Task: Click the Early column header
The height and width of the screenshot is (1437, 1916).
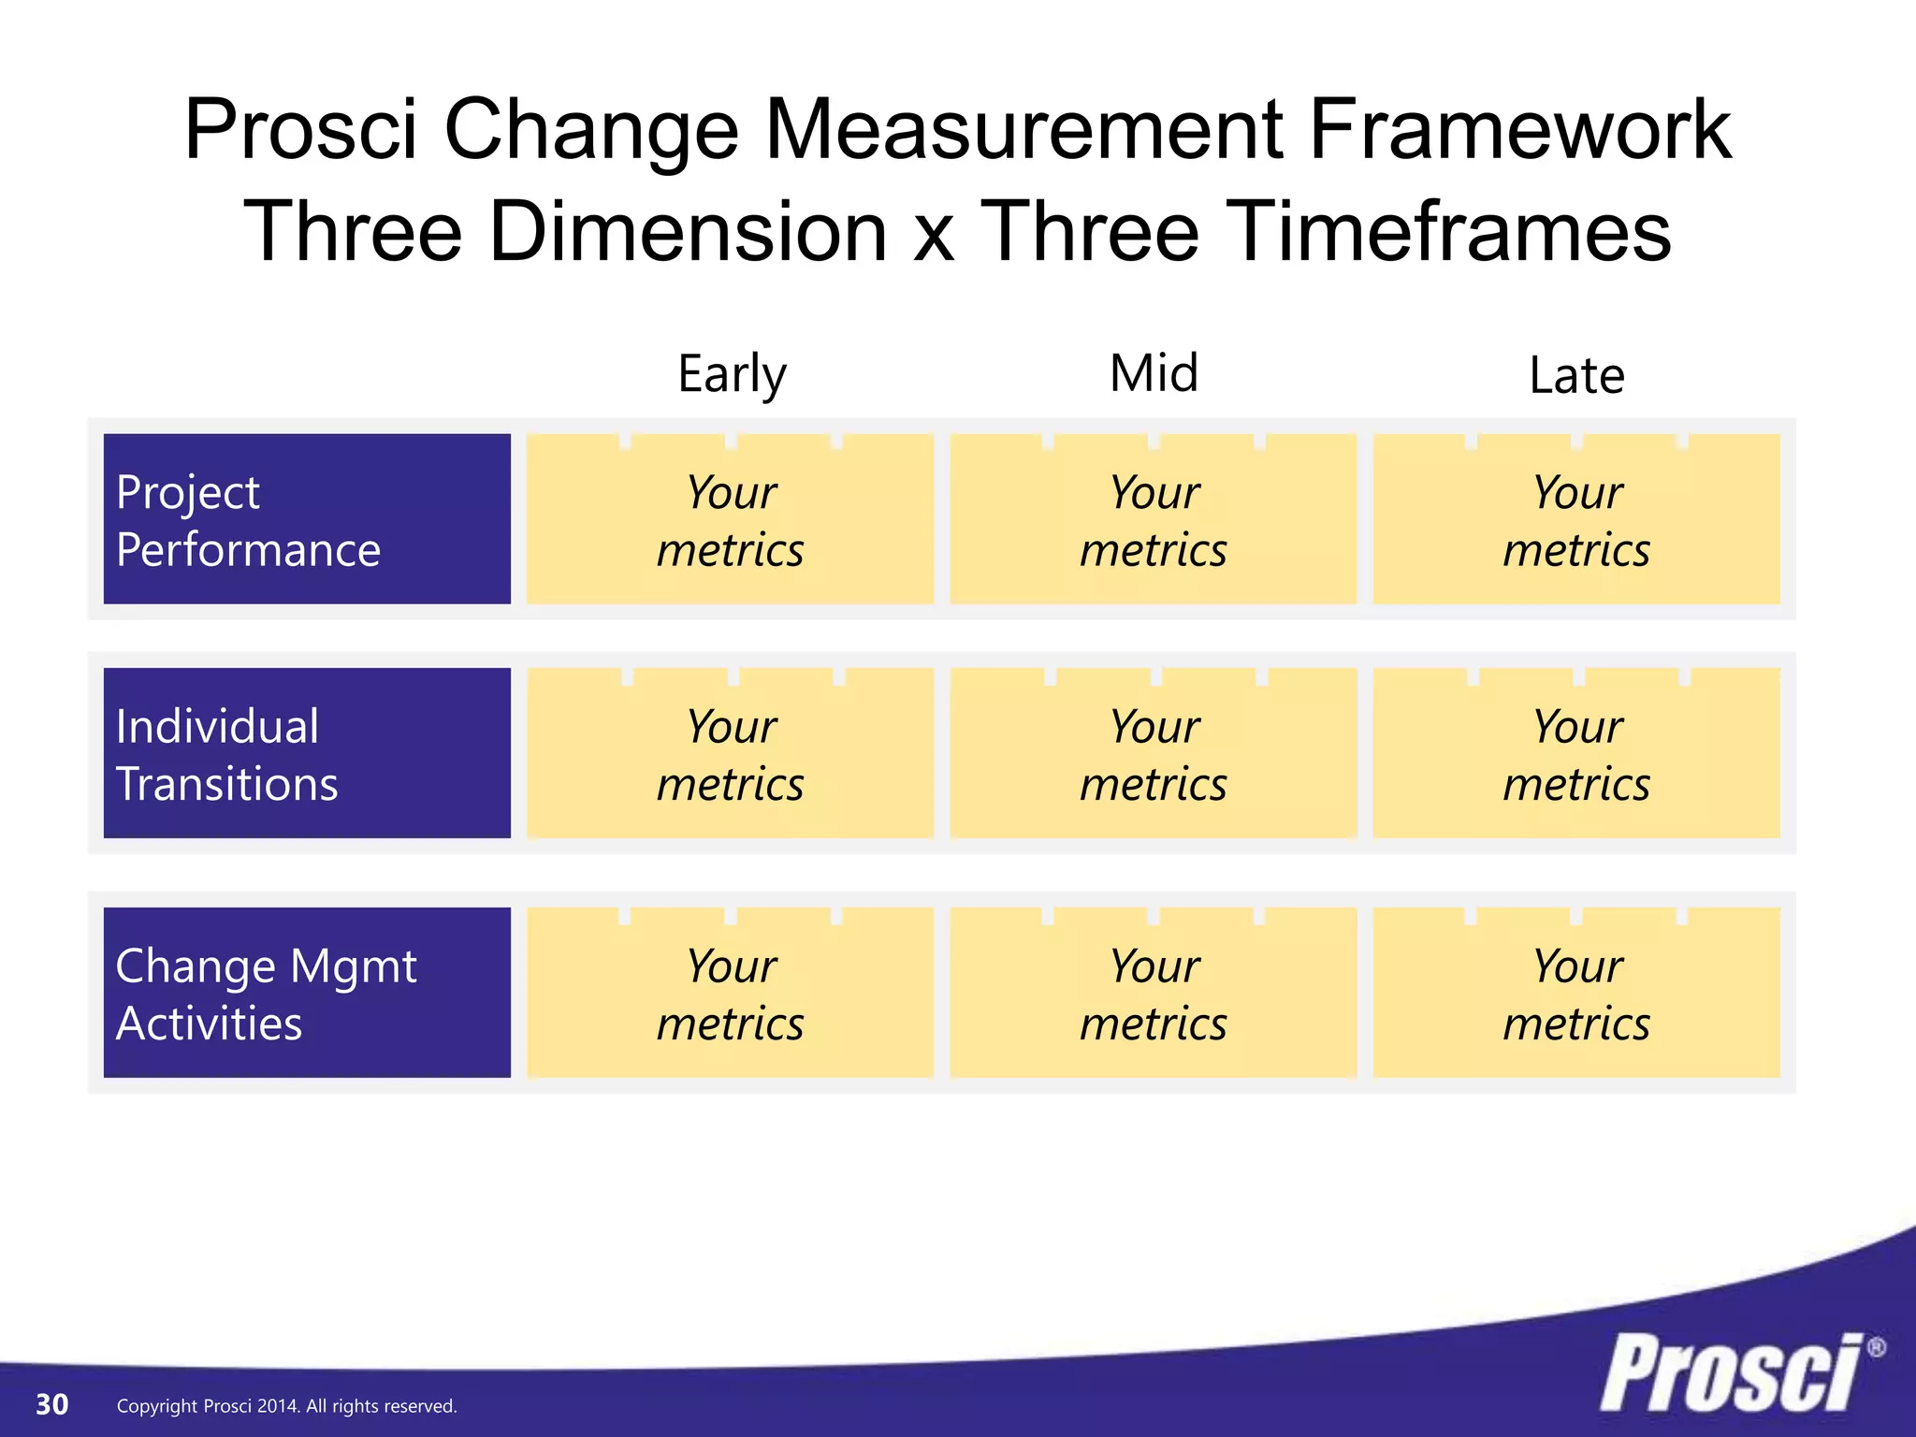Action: pos(732,374)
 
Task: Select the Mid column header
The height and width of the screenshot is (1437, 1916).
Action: pos(1154,373)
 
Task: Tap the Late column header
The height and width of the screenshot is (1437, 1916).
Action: pos(1576,376)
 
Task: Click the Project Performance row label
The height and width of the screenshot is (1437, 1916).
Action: pos(307,519)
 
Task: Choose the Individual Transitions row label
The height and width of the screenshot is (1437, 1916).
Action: pos(307,753)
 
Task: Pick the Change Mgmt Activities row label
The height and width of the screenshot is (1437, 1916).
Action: pos(307,993)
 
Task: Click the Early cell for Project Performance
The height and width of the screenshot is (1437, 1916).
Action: pos(730,519)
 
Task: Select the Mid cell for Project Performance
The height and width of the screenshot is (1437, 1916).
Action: pos(1154,519)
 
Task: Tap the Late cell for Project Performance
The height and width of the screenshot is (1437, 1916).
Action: pos(1576,519)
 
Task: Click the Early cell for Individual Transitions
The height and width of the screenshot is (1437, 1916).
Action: pos(730,753)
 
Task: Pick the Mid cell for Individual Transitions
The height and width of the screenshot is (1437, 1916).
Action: pos(1154,753)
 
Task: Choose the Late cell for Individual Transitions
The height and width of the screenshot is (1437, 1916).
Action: pos(1576,753)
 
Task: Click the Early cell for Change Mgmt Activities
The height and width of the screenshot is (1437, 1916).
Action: pos(730,993)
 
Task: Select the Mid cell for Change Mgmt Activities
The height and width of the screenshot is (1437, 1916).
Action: pos(1154,993)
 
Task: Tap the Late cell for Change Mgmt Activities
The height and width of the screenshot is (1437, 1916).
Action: pos(1576,993)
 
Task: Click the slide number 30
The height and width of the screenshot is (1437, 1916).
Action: pos(52,1404)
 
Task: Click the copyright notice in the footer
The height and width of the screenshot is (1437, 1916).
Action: pos(286,1406)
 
